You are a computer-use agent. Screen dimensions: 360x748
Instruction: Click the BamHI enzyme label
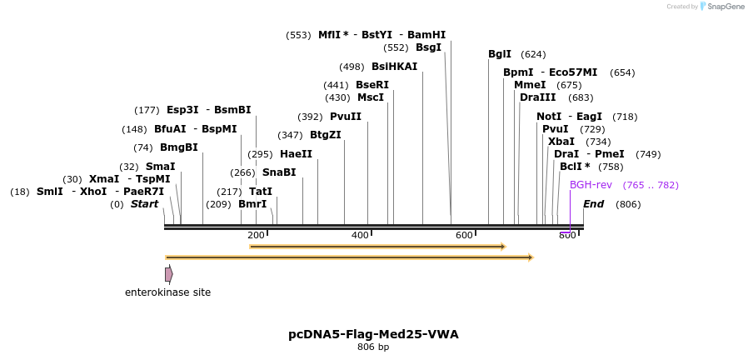coord(426,35)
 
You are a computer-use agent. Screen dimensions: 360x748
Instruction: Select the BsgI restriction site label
coord(428,47)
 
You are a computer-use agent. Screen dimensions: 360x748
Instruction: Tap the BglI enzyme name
coord(500,54)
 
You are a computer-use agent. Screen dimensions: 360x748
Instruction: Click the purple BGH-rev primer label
coord(591,185)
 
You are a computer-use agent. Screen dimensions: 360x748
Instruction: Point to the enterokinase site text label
coord(167,292)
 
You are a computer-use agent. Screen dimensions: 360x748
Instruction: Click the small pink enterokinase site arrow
coord(169,274)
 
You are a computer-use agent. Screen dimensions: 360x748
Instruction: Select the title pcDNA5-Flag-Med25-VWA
coord(373,334)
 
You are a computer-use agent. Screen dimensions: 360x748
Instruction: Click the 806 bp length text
coord(373,347)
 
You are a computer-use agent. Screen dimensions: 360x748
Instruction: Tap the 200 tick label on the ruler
coord(256,236)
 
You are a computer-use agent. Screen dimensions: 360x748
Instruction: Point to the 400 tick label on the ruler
coord(360,236)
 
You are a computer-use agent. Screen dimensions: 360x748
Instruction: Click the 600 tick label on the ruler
coord(464,236)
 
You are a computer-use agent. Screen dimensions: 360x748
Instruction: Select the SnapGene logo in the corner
coord(721,7)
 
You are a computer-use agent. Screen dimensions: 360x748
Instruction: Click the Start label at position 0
coord(144,204)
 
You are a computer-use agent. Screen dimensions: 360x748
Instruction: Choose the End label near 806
coord(593,204)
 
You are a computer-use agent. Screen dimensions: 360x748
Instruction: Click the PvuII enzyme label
coord(346,117)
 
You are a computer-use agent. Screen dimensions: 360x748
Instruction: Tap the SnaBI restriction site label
coord(279,172)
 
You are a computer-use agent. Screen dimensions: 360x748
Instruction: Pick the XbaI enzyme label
coord(561,142)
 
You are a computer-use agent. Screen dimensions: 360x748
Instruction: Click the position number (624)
coord(533,54)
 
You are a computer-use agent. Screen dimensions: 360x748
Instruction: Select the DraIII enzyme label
coord(537,97)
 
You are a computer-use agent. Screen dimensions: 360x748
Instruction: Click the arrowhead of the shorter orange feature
coord(502,247)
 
